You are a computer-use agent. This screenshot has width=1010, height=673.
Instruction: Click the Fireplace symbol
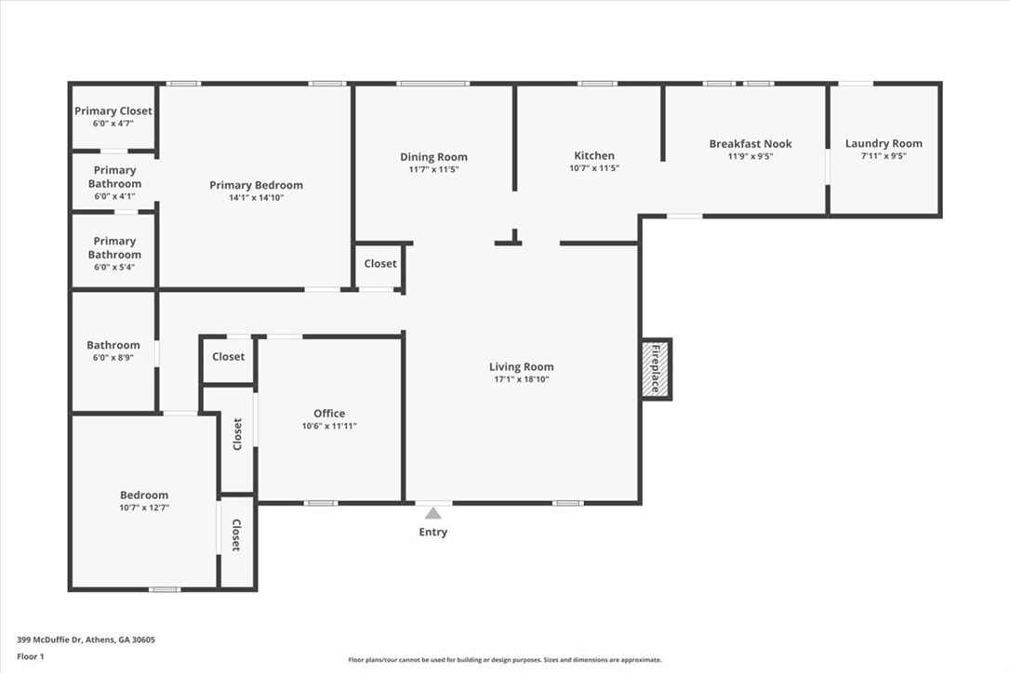(656, 369)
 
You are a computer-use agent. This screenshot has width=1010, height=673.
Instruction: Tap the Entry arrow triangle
(432, 513)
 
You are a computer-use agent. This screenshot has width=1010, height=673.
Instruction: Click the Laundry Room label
(884, 143)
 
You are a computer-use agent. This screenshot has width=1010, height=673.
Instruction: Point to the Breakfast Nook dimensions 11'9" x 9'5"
(750, 156)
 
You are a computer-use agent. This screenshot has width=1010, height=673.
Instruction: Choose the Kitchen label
(593, 155)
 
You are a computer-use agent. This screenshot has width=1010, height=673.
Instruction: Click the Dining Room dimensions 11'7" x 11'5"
(433, 169)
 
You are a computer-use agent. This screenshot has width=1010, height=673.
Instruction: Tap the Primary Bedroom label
(256, 185)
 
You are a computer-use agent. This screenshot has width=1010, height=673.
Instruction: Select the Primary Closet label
(113, 112)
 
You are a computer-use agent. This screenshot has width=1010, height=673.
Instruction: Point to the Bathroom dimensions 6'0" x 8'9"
(113, 357)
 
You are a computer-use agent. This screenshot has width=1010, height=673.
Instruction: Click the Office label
(329, 414)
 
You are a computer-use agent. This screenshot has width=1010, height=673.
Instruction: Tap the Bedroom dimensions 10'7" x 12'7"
(144, 508)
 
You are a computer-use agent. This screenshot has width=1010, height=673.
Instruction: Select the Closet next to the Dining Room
(379, 264)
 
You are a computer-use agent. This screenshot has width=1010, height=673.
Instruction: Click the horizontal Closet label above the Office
(228, 357)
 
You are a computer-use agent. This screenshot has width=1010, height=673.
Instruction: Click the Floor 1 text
(31, 656)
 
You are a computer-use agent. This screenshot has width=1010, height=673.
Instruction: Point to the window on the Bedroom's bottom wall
(165, 589)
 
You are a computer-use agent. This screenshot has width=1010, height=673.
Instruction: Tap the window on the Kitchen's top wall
(596, 84)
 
